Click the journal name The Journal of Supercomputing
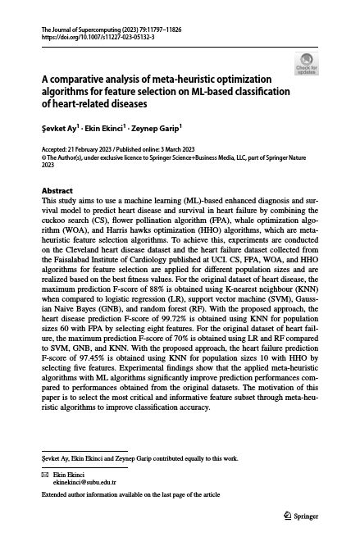pos(78,30)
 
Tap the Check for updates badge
pos(306,64)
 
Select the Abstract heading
pos(57,190)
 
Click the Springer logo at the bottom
pos(300,516)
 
